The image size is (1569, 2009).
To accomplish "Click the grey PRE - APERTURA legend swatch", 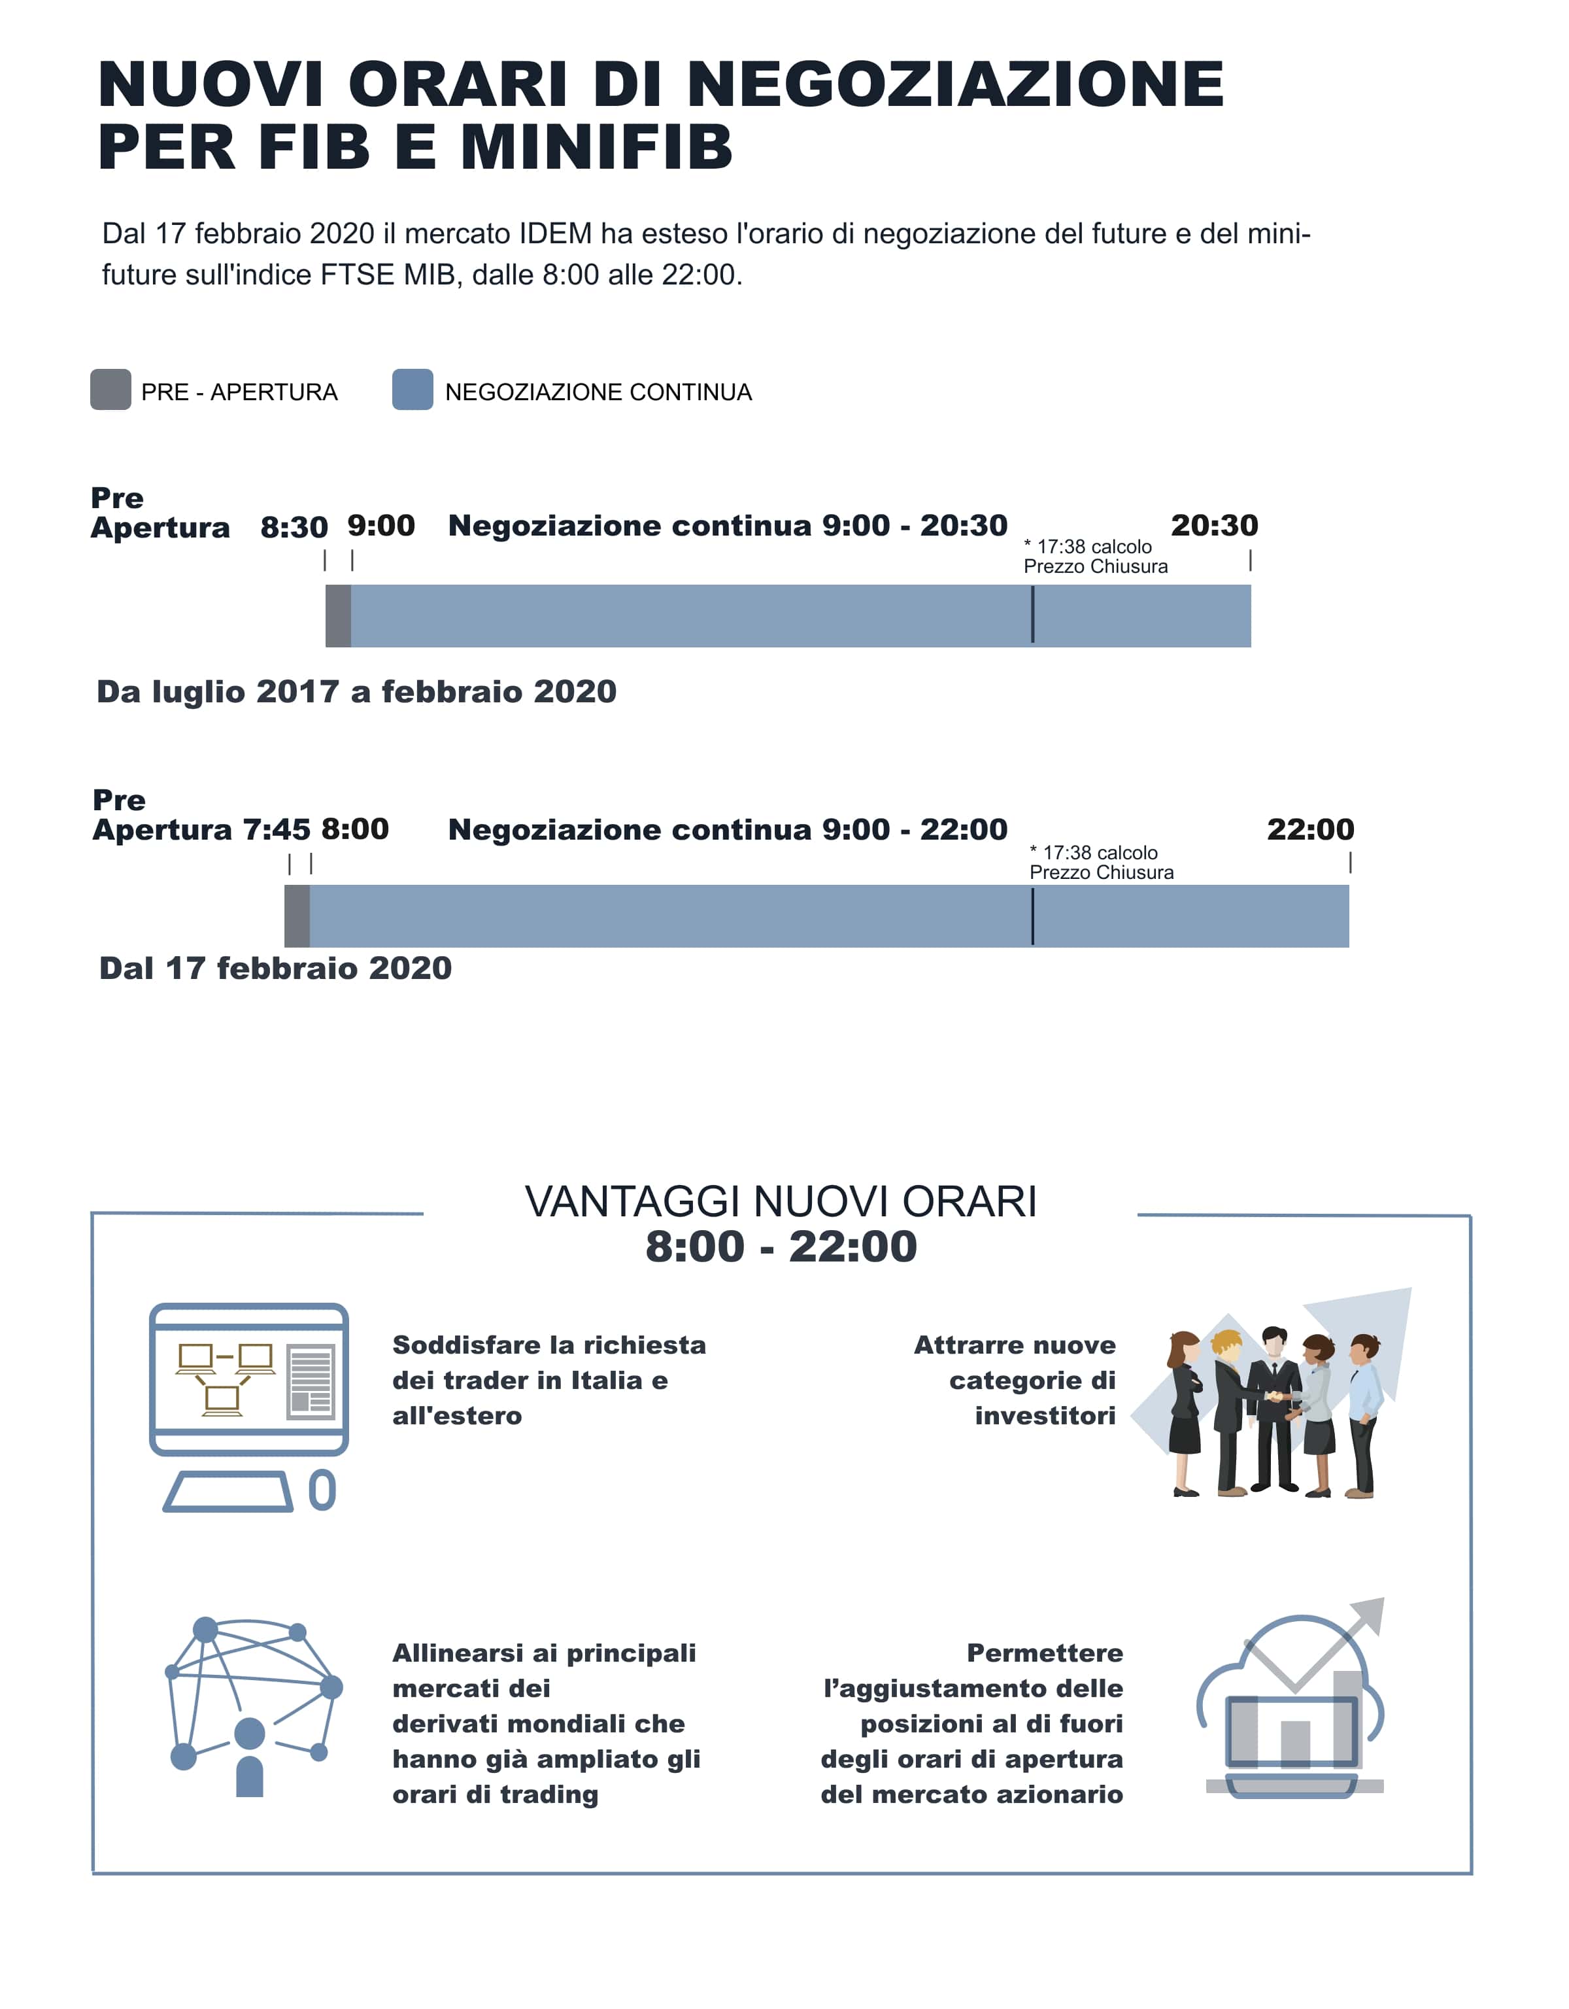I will pyautogui.click(x=110, y=389).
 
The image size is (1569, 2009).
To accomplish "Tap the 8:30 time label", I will pyautogui.click(x=294, y=527).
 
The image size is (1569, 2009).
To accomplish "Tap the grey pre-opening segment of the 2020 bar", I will pyautogui.click(x=297, y=916).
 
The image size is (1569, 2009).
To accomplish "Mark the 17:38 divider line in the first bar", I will pyautogui.click(x=1033, y=615).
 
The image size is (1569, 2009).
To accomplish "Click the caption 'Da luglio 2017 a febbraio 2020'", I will pyautogui.click(x=356, y=692).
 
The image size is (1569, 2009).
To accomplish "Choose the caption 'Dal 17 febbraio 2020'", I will pyautogui.click(x=275, y=968).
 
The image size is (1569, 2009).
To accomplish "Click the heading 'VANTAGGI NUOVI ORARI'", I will pyautogui.click(x=780, y=1201).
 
